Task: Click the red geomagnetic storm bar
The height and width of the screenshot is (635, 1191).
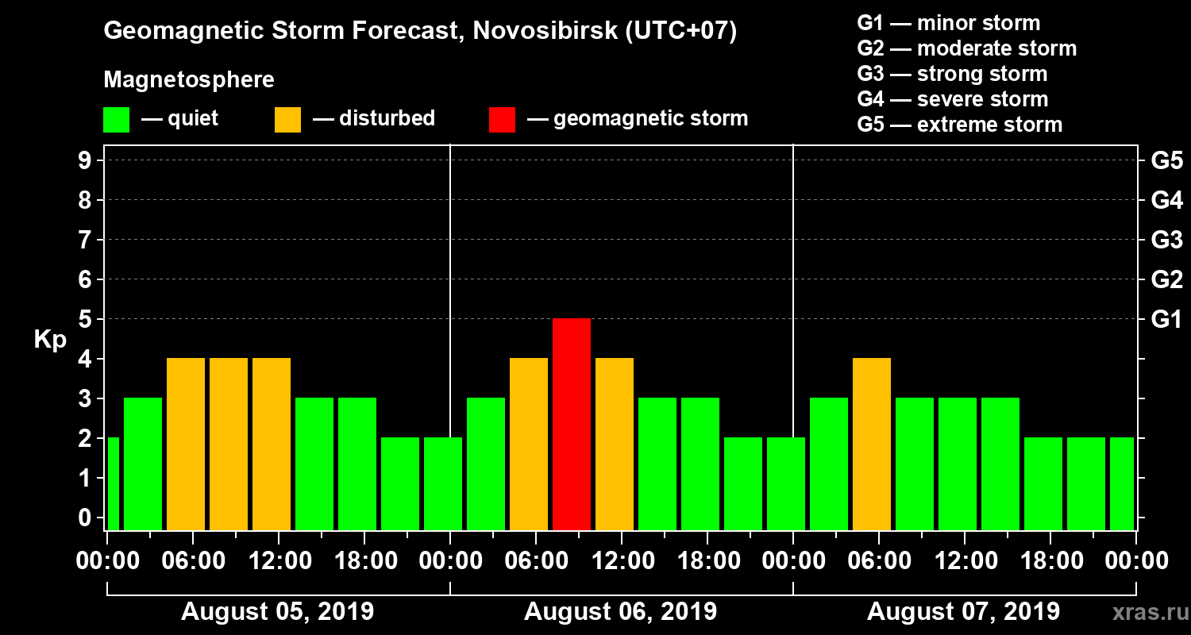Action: (572, 424)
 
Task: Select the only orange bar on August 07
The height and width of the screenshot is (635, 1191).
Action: (872, 444)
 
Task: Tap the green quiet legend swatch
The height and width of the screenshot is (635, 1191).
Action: (116, 120)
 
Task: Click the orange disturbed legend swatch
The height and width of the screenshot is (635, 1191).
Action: (287, 120)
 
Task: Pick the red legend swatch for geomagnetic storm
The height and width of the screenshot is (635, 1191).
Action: (502, 120)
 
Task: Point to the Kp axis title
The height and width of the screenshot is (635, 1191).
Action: (50, 340)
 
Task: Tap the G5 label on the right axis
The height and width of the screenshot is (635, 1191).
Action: (1166, 161)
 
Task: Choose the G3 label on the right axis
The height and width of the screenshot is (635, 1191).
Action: (1166, 241)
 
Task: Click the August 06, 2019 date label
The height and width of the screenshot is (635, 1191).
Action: (620, 612)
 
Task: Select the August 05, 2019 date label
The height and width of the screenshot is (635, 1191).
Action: (277, 612)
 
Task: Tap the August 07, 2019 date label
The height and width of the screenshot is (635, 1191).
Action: (963, 612)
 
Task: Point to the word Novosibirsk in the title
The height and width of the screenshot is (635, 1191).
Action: (535, 32)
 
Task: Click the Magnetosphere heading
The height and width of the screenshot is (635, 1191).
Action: (189, 80)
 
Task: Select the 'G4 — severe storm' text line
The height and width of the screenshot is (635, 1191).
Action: (952, 99)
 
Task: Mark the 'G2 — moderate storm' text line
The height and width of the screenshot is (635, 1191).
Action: (966, 48)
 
